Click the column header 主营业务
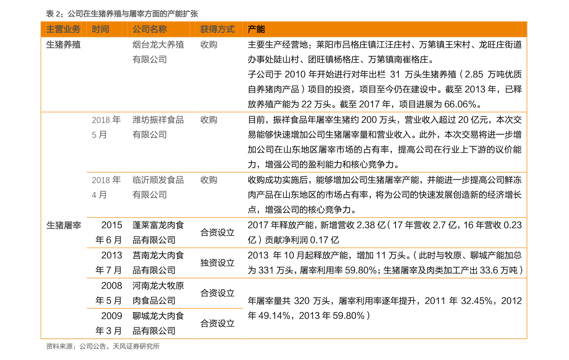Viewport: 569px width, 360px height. [x=63, y=30]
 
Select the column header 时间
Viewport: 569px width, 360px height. [x=100, y=30]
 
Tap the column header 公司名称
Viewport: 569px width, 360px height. [x=150, y=30]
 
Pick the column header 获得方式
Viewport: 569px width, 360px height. [x=217, y=30]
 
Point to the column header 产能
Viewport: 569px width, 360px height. [x=256, y=30]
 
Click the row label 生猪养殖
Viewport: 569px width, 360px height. [x=63, y=44]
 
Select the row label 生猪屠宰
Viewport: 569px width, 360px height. [x=64, y=226]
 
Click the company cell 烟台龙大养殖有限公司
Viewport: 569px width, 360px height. [x=158, y=52]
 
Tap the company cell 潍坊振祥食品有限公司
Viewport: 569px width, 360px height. [x=158, y=127]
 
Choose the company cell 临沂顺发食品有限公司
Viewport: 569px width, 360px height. [x=158, y=187]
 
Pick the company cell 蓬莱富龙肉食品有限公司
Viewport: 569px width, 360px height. [x=158, y=232]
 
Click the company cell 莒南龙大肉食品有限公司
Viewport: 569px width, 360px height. [x=158, y=262]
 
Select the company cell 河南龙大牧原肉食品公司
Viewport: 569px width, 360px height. [x=158, y=293]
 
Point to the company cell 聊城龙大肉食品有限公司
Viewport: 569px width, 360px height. [x=158, y=323]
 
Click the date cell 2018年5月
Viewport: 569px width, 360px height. [x=107, y=127]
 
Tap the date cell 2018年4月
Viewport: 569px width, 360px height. [x=107, y=187]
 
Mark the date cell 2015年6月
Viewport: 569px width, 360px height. [x=109, y=232]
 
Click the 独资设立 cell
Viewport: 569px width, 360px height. [x=217, y=263]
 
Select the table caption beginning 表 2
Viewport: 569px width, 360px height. [x=122, y=14]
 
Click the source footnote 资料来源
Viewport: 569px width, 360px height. [x=103, y=347]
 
